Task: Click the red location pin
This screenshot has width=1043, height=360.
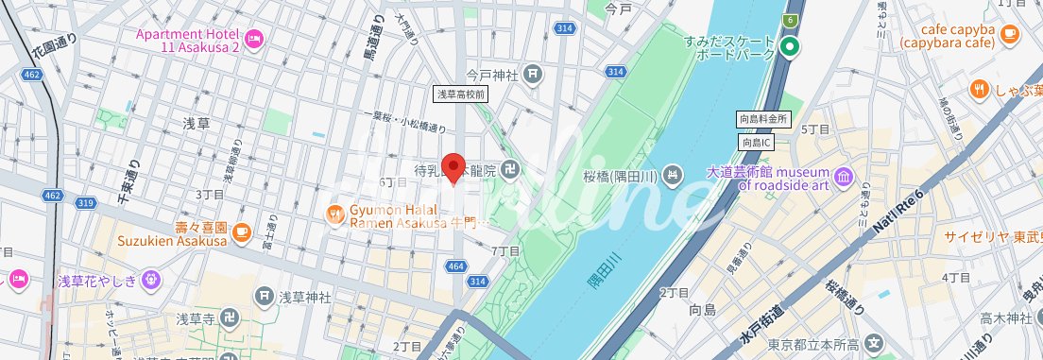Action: (453, 167)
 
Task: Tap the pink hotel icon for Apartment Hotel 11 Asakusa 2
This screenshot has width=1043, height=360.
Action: (253, 38)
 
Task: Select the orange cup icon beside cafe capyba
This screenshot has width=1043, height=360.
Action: (1010, 34)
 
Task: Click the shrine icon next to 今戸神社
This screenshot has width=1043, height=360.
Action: (533, 72)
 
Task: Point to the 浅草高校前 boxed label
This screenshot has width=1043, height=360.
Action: (460, 94)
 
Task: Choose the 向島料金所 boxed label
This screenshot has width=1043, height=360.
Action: (762, 120)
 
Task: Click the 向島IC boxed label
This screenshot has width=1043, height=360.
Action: (757, 141)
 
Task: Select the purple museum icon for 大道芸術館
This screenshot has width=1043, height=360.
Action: (843, 177)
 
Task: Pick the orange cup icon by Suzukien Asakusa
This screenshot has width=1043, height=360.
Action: (242, 229)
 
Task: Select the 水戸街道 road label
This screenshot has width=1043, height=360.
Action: (761, 324)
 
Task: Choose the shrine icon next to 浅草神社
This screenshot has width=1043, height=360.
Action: (265, 297)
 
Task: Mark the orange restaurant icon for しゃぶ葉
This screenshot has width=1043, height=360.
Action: (979, 90)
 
